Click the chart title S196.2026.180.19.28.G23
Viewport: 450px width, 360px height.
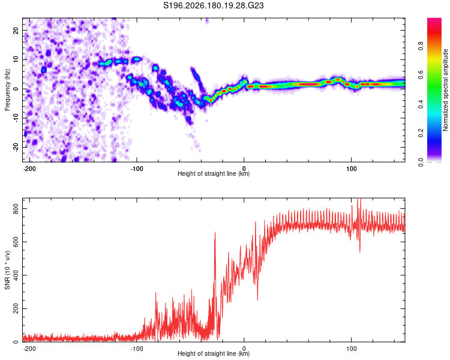point(213,5)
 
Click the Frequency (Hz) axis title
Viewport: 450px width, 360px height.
point(7,89)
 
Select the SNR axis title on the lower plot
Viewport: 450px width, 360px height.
point(7,270)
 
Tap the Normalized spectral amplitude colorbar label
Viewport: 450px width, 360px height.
point(445,89)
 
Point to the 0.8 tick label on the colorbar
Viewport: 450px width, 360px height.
point(421,46)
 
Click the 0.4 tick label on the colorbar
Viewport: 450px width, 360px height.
point(421,104)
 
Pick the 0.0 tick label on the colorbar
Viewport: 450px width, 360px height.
point(421,163)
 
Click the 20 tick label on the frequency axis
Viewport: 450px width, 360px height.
point(16,31)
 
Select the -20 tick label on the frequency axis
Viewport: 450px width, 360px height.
point(16,147)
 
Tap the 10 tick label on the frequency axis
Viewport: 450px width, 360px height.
point(16,59)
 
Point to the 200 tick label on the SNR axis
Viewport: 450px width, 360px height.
point(16,308)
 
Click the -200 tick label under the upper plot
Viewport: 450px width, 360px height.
point(29,169)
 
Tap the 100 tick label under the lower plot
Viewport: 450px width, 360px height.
point(351,349)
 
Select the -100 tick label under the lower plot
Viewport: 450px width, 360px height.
point(137,349)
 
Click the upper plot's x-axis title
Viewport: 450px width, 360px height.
point(214,173)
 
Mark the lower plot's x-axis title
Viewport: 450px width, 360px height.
point(214,353)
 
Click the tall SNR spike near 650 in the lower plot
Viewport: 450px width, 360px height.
point(215,234)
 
